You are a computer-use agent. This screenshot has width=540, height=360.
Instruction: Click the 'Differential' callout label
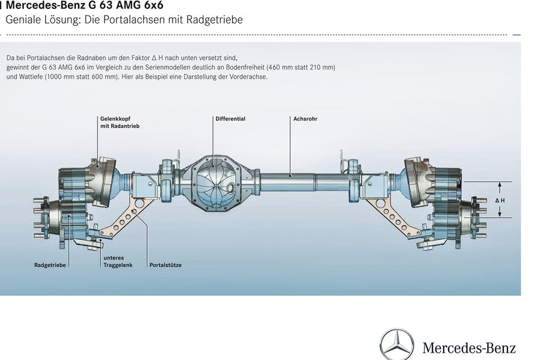click(230, 119)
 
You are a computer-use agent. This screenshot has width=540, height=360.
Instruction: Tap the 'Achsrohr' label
click(305, 119)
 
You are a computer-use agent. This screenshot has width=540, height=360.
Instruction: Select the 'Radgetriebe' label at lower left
click(50, 265)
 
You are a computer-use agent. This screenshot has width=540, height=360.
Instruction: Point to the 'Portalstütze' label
click(165, 265)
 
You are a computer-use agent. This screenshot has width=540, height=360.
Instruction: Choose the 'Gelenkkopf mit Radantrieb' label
click(120, 123)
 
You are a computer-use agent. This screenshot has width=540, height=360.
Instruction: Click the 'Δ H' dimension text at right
click(500, 200)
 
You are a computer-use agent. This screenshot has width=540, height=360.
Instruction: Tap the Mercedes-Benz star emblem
click(397, 345)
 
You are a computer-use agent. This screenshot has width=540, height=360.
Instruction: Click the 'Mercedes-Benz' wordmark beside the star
click(469, 347)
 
